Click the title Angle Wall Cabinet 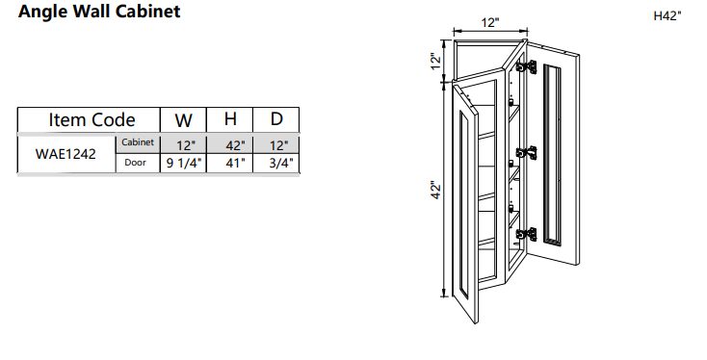pyautogui.click(x=98, y=13)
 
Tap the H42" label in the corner pyautogui.click(x=667, y=16)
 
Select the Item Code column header pyautogui.click(x=92, y=120)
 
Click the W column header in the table pyautogui.click(x=183, y=120)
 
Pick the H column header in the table pyautogui.click(x=230, y=120)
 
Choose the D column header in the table pyautogui.click(x=276, y=120)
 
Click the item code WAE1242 pyautogui.click(x=65, y=153)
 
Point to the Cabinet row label pyautogui.click(x=138, y=142)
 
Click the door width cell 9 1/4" pyautogui.click(x=183, y=164)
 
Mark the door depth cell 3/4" pyautogui.click(x=277, y=164)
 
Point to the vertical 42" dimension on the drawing pyautogui.click(x=436, y=190)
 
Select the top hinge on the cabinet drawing pyautogui.click(x=527, y=66)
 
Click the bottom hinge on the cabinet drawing pyautogui.click(x=526, y=234)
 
